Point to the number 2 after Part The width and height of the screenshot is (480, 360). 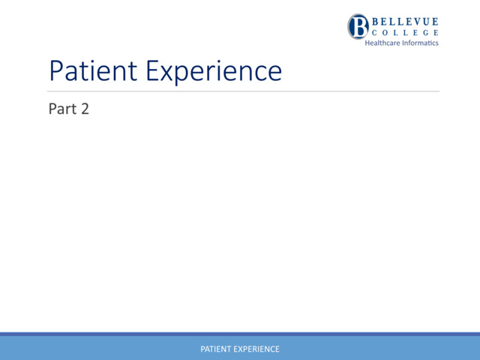(85, 109)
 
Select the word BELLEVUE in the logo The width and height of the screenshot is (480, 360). (405, 22)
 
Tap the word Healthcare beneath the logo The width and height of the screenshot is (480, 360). (382, 43)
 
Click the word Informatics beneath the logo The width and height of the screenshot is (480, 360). (421, 43)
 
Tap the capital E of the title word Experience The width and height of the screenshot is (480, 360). (154, 71)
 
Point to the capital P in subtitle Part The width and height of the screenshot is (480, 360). (52, 109)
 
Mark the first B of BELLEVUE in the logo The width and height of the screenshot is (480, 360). (375, 22)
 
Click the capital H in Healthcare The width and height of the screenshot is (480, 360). (367, 43)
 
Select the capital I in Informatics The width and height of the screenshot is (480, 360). (403, 43)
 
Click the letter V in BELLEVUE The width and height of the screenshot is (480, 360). (415, 22)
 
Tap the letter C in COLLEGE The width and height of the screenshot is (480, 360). (375, 33)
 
